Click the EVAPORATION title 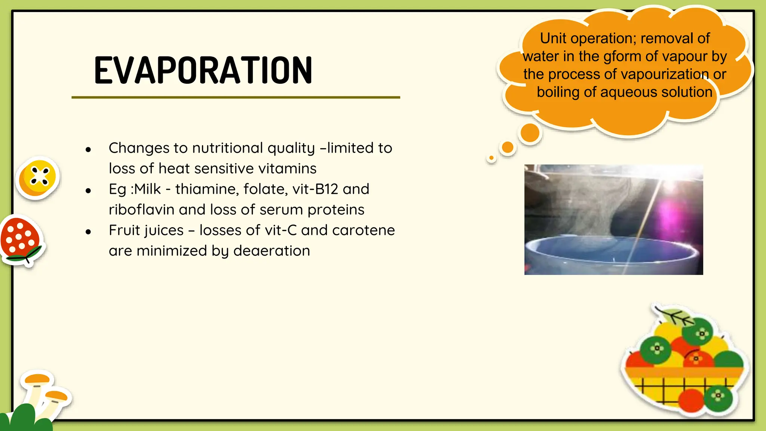click(x=203, y=70)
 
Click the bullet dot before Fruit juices click(x=88, y=232)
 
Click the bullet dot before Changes click(x=88, y=150)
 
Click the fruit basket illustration click(x=684, y=363)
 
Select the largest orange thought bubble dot click(x=530, y=132)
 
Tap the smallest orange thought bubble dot click(x=491, y=158)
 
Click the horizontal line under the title click(x=236, y=97)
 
